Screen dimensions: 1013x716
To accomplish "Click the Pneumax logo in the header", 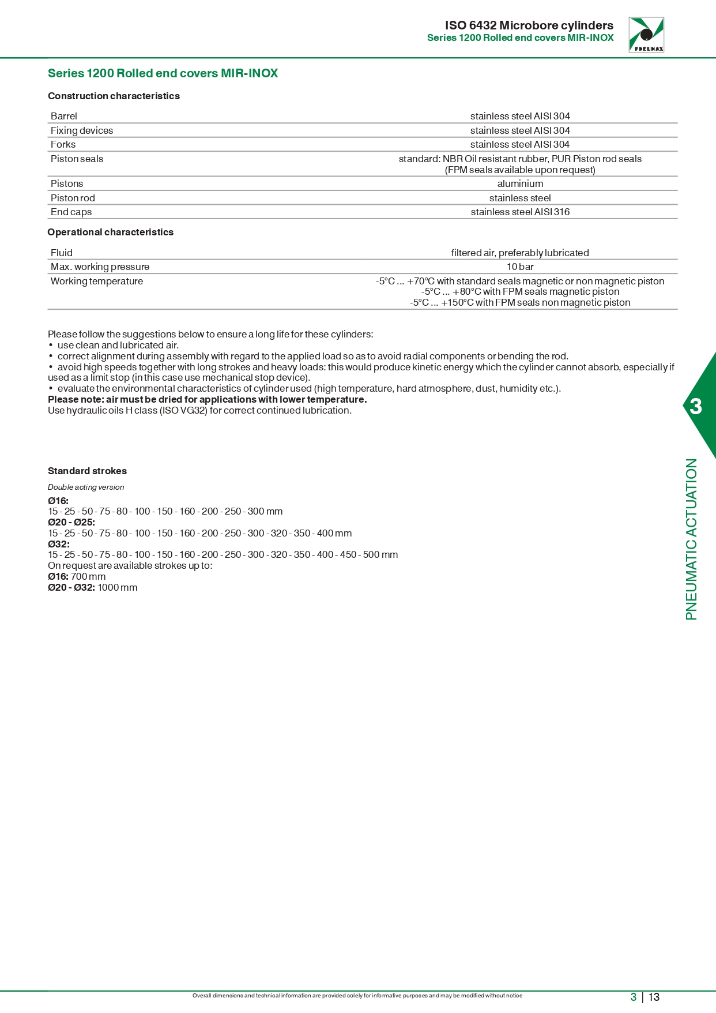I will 646,35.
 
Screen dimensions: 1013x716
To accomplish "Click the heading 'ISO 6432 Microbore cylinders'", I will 529,25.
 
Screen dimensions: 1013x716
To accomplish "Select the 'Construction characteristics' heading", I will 114,96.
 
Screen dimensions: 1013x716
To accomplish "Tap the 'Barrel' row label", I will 64,116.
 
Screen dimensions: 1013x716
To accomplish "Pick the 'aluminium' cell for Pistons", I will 520,183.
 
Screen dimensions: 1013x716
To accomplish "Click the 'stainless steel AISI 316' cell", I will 520,212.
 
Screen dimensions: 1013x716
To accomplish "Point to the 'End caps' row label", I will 71,212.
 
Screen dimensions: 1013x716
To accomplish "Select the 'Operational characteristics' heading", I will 110,232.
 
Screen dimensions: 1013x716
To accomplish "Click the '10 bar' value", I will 520,267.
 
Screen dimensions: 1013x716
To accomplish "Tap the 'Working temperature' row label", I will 97,281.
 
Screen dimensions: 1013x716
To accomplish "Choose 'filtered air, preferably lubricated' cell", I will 520,253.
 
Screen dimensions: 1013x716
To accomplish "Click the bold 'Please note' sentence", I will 207,399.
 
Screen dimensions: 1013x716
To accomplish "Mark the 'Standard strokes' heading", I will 87,471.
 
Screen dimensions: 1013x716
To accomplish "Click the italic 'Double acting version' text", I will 86,487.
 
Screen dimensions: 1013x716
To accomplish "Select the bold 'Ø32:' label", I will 59,544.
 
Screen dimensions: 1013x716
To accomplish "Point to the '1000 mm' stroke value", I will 118,587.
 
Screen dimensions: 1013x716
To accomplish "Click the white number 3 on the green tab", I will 696,407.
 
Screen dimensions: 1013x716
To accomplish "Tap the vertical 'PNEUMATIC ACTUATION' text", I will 691,539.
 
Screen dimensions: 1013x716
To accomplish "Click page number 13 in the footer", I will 654,997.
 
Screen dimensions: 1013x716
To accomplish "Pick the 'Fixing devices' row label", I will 82,130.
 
